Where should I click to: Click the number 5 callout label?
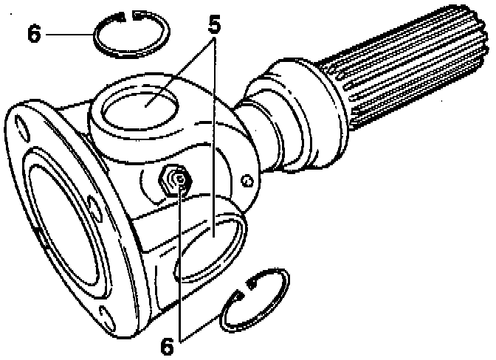(215, 24)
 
